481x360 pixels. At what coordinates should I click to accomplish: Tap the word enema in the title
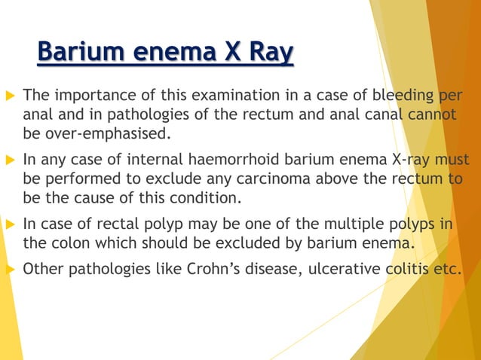pyautogui.click(x=168, y=53)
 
